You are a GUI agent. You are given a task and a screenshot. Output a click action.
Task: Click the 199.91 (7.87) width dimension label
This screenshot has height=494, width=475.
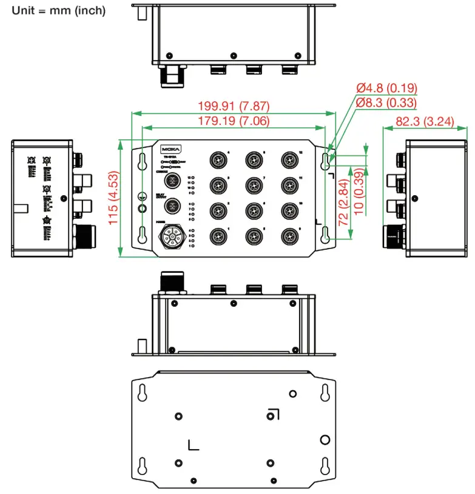tap(234, 106)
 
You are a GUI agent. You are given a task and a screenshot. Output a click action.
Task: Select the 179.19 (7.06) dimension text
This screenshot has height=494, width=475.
tap(234, 121)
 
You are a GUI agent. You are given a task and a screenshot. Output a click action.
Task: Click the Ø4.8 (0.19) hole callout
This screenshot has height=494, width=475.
tap(386, 89)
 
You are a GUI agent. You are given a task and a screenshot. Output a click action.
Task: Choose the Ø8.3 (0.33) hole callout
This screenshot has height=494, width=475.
tap(386, 102)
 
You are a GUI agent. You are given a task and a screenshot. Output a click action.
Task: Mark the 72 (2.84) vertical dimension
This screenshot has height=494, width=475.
tap(343, 200)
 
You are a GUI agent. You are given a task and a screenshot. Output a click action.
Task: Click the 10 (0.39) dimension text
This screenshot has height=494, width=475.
tap(359, 192)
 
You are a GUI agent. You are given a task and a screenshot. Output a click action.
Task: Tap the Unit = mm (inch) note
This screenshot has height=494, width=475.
tap(59, 11)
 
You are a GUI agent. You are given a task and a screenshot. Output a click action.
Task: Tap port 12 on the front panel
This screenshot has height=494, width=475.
tap(288, 159)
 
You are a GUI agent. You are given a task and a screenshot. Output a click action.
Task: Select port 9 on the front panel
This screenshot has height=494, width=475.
tap(288, 235)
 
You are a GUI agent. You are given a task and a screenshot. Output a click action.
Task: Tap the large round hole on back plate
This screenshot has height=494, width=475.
tap(325, 438)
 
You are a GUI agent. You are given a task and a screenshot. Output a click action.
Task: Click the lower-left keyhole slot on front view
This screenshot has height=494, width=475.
tap(141, 233)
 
